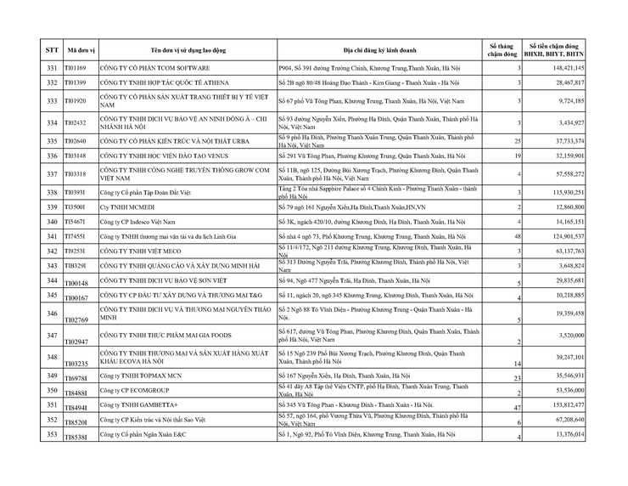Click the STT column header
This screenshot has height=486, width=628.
[x=52, y=49]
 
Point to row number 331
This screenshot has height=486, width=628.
[x=52, y=67]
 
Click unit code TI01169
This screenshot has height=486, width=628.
[x=77, y=67]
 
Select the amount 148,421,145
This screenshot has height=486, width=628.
[x=567, y=67]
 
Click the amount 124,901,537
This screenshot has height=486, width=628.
[x=567, y=236]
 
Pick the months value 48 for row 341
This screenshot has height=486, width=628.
[x=515, y=236]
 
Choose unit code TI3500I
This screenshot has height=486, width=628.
[x=76, y=206]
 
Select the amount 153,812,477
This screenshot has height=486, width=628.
[x=567, y=406]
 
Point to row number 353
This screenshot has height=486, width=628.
[x=52, y=435]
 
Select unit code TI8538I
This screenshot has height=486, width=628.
[x=76, y=436]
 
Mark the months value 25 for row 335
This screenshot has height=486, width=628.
[x=515, y=141]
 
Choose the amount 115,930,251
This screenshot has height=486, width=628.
[x=567, y=192]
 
